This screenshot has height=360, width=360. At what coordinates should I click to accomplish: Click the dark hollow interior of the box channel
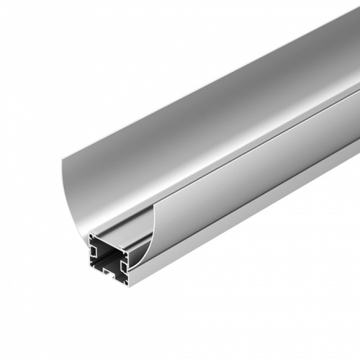pyautogui.click(x=108, y=254)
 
